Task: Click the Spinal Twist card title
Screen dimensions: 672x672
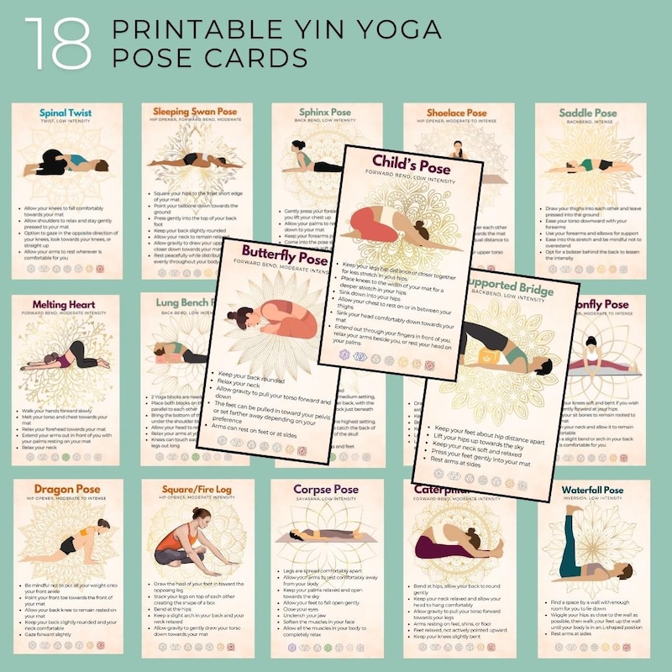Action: click(66, 113)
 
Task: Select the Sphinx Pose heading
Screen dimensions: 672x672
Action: click(325, 112)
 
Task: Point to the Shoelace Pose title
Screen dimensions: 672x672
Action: click(459, 113)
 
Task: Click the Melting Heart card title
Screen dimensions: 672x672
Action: click(66, 305)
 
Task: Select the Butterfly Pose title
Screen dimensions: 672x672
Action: click(283, 251)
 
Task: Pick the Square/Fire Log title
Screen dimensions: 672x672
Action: click(196, 489)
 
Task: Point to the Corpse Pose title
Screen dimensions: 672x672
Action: click(326, 489)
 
